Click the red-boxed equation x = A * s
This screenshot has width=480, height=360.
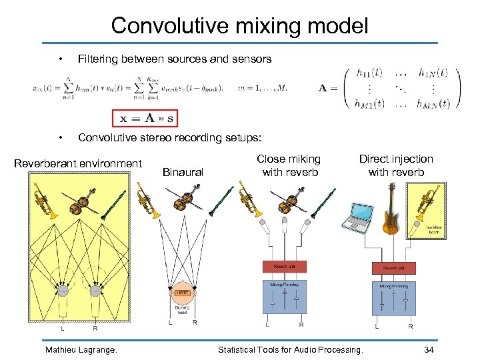[x=145, y=117]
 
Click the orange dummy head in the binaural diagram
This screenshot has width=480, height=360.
[x=182, y=294]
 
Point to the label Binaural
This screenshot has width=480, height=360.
[x=183, y=172]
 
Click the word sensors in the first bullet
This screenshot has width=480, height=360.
[x=251, y=59]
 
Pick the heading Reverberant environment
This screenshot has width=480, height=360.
[x=78, y=163]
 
